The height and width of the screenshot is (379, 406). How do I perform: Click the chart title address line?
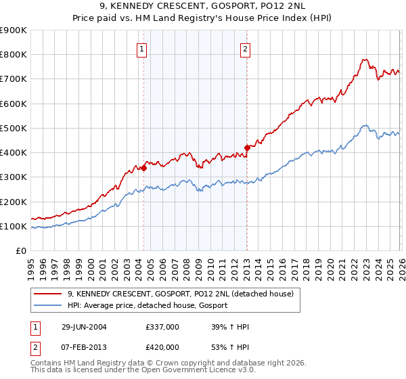point(203,7)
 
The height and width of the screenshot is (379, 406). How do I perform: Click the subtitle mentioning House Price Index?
point(203,18)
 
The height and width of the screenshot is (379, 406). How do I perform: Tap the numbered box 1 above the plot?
point(142,49)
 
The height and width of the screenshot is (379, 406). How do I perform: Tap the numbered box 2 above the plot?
point(244,49)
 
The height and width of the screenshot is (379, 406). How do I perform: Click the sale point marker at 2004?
point(143,169)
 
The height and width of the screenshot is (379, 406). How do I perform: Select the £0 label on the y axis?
point(21,250)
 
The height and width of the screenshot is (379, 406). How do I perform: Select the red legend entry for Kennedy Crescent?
point(180,294)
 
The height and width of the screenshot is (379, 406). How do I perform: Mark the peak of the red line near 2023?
point(364,60)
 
